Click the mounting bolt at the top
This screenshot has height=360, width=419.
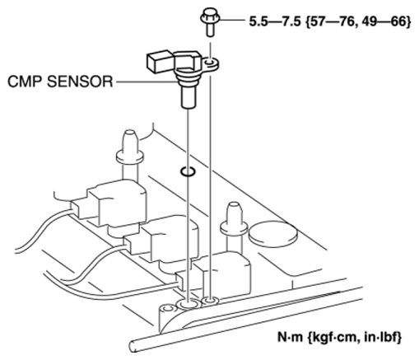click(210, 22)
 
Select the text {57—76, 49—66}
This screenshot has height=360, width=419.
click(358, 21)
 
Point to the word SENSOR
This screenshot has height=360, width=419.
click(80, 82)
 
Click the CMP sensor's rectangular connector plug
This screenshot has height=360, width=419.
click(160, 62)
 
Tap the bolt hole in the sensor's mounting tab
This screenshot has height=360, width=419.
click(210, 63)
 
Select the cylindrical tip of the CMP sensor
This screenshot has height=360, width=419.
click(189, 97)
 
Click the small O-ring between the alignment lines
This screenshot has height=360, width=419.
click(188, 171)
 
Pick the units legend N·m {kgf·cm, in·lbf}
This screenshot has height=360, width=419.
click(340, 337)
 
